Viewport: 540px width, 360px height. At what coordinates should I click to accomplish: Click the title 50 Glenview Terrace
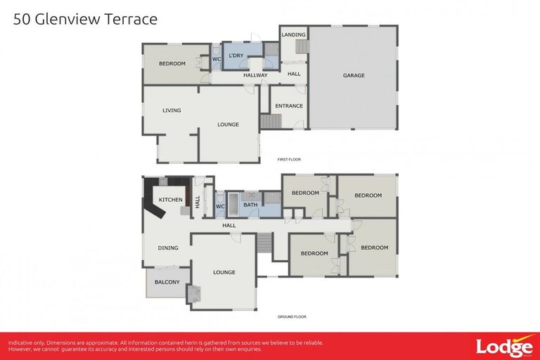click(85, 19)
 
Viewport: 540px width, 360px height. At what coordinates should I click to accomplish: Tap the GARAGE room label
click(354, 75)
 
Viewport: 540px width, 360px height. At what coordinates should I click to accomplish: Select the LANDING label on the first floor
click(293, 34)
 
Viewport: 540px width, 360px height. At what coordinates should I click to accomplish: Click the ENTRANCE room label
click(289, 106)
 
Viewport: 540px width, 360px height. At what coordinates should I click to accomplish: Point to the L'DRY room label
click(236, 56)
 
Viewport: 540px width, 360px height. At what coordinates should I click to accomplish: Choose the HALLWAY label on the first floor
click(255, 75)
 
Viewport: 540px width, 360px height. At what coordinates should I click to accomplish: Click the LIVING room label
click(172, 110)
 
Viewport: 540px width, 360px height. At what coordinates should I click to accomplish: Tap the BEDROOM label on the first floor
click(172, 64)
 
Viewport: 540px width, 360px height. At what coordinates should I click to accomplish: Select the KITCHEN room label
click(170, 200)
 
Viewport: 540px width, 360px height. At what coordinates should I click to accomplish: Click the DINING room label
click(168, 247)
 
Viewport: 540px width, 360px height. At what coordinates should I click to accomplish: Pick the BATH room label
click(250, 205)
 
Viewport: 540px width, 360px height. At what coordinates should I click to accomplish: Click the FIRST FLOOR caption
click(289, 160)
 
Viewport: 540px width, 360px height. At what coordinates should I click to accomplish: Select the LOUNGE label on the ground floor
click(224, 272)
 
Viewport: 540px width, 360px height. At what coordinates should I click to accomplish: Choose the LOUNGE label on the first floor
click(228, 124)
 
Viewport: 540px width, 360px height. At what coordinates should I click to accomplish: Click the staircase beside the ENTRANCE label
click(271, 122)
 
